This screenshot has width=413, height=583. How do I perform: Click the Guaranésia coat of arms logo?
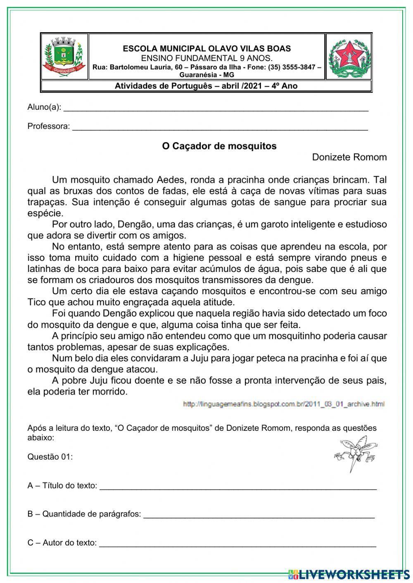(x=64, y=57)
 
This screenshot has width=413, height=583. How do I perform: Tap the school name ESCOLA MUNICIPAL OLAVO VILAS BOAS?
(x=206, y=48)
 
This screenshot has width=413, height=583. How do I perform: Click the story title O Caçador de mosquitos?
(x=219, y=146)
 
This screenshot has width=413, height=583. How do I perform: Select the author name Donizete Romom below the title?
(x=349, y=157)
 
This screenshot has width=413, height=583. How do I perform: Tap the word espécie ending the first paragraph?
(x=45, y=213)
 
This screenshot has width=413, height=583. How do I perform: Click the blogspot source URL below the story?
(x=283, y=404)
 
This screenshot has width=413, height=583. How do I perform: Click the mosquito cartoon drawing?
(x=356, y=453)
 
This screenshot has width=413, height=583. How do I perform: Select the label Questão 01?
(x=50, y=457)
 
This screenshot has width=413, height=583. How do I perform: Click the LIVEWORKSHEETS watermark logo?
(x=349, y=574)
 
